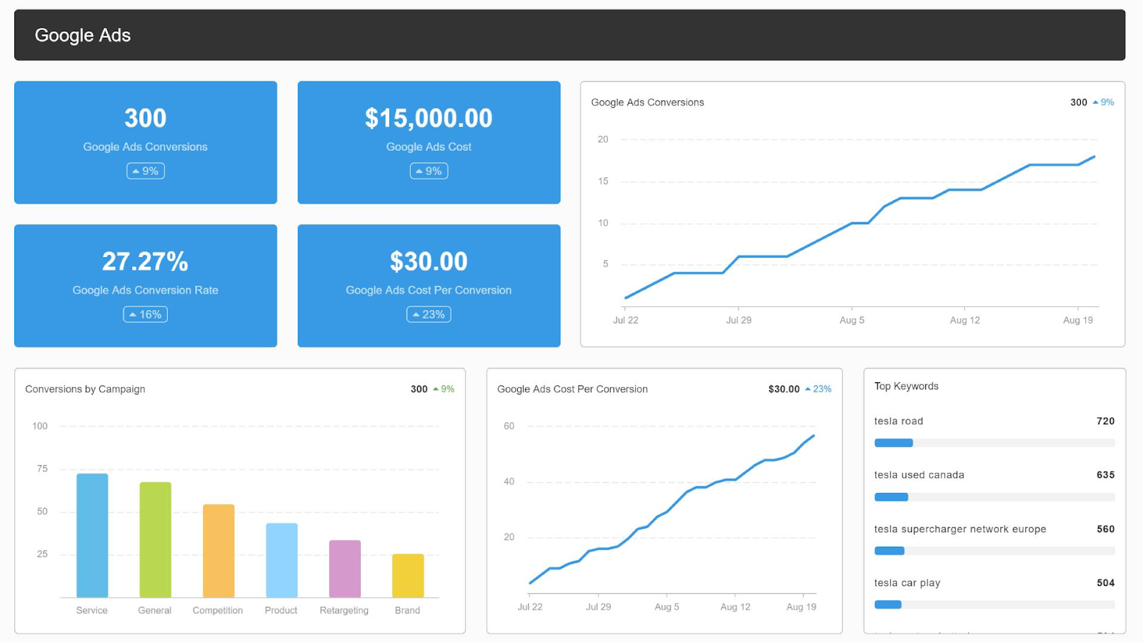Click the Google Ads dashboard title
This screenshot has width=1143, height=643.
click(82, 35)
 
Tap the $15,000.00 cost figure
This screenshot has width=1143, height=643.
click(429, 118)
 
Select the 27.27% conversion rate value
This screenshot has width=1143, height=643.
click(145, 261)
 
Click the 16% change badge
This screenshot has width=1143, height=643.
click(145, 314)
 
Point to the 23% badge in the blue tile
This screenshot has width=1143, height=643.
click(429, 314)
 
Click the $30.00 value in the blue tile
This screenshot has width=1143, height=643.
click(429, 261)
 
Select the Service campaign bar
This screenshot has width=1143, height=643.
click(92, 535)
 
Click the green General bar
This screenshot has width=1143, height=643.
click(155, 539)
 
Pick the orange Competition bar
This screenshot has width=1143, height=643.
click(219, 551)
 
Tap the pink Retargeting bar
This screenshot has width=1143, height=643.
click(344, 569)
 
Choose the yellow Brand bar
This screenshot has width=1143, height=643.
click(408, 575)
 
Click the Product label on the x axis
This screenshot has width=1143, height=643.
click(281, 610)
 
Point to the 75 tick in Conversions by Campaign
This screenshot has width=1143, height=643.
click(42, 469)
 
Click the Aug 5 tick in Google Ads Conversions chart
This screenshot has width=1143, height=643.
click(852, 320)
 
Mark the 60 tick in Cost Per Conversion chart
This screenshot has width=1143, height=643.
click(509, 426)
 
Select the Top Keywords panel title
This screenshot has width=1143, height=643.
click(906, 386)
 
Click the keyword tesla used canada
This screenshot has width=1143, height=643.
click(919, 474)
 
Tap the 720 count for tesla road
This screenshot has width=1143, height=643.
click(1105, 421)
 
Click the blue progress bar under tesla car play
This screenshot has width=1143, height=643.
click(888, 604)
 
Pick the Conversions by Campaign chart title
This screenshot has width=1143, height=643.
click(85, 389)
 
